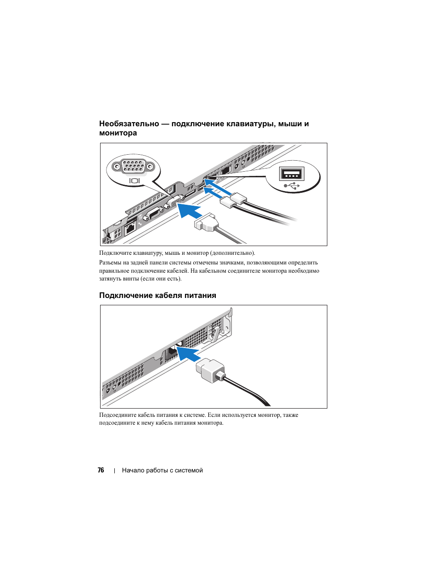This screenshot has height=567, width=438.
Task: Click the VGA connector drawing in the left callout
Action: point(134,167)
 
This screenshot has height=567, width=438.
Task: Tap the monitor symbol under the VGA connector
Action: point(134,180)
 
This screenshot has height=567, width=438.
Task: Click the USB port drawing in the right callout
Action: point(292,174)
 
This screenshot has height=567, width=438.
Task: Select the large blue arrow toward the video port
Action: point(189,211)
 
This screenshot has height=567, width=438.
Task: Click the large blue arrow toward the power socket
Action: point(188,354)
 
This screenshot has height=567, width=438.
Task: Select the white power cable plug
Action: point(211,370)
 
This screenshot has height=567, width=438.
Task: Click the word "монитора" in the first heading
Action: point(118,133)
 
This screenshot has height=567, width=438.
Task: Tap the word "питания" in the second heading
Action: point(200,295)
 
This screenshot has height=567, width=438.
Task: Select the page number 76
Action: point(101,470)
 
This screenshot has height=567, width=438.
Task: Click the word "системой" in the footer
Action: point(189,470)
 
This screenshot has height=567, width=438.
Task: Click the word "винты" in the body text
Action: point(131,279)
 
